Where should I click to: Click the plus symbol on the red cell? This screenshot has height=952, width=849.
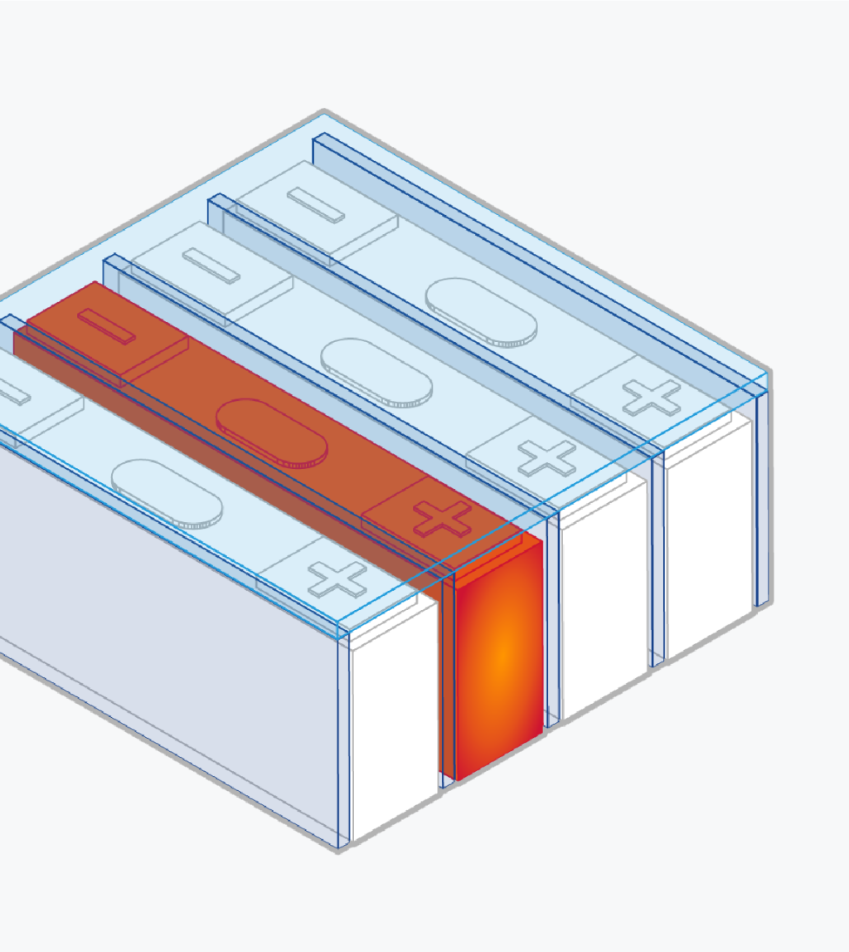[x=443, y=519]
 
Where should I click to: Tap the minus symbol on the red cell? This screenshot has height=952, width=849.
[x=106, y=326]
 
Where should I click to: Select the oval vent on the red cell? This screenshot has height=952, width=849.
[x=272, y=432]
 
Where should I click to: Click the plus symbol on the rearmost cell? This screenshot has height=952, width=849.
[x=651, y=398]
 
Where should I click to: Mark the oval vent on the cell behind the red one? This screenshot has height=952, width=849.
[x=376, y=373]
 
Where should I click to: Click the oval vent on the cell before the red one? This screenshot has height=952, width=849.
[x=167, y=493]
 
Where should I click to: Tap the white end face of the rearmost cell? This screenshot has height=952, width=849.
[x=709, y=531]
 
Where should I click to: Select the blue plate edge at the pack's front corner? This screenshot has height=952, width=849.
[x=343, y=739]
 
